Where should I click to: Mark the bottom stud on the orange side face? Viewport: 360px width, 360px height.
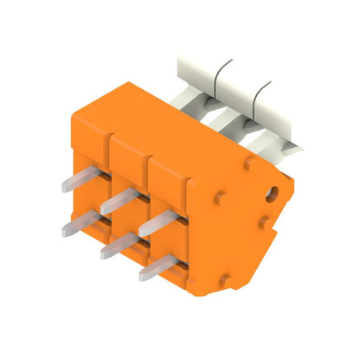point(226,278)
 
